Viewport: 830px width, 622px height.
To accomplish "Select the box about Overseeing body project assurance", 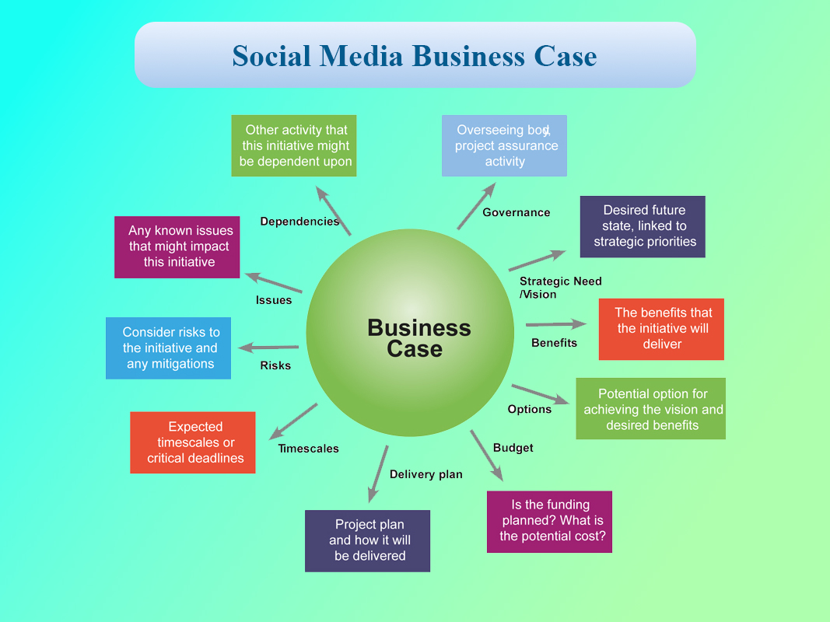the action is [504, 145].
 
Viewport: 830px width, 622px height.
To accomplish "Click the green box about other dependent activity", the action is [294, 145].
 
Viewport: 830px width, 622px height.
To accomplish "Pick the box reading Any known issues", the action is [177, 247].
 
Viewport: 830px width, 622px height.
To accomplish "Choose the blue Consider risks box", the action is [168, 348].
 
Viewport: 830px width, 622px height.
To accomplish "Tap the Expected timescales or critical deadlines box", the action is [193, 442].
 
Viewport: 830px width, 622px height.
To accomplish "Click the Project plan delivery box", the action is [367, 540].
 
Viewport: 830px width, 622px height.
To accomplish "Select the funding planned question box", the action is [549, 522].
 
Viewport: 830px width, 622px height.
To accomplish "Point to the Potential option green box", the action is [650, 408].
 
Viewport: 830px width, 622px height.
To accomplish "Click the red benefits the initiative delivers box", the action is [661, 329].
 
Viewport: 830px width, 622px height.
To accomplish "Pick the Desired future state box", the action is [643, 227].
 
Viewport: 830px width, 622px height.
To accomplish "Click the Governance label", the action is [516, 212].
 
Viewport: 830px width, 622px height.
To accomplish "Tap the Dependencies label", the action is [299, 222].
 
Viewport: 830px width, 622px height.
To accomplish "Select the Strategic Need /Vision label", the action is [561, 288].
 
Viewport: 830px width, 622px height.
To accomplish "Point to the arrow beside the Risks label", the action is [268, 348].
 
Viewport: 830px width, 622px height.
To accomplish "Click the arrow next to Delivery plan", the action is [378, 474].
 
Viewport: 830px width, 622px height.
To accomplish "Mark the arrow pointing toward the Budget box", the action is [486, 456].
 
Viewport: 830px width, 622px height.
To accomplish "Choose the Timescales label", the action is [308, 449].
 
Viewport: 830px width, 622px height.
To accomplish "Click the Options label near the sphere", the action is [529, 410].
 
